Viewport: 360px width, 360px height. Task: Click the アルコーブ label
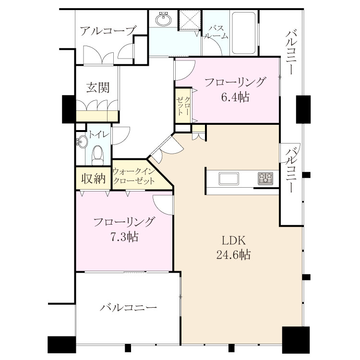pyautogui.click(x=108, y=31)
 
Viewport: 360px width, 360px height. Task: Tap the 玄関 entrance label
pyautogui.click(x=98, y=87)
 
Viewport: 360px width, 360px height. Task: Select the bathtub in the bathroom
pyautogui.click(x=243, y=33)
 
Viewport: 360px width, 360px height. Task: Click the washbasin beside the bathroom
pyautogui.click(x=163, y=19)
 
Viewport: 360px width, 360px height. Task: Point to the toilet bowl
pyautogui.click(x=97, y=155)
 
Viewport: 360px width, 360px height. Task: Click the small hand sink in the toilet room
pyautogui.click(x=82, y=142)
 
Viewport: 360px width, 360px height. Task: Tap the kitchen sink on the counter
pyautogui.click(x=228, y=179)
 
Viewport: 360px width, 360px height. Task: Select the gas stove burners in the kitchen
pyautogui.click(x=265, y=179)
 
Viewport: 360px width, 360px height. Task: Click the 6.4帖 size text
pyautogui.click(x=235, y=97)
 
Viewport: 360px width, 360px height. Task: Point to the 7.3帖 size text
pyautogui.click(x=124, y=237)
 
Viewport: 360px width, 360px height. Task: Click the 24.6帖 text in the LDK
pyautogui.click(x=233, y=254)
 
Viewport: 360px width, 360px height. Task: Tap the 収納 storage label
pyautogui.click(x=94, y=179)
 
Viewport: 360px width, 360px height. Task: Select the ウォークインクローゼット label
pyautogui.click(x=134, y=176)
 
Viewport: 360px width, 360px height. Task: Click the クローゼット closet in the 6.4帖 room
pyautogui.click(x=183, y=106)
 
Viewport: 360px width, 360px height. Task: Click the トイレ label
pyautogui.click(x=98, y=134)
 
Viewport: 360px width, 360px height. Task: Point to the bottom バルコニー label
pyautogui.click(x=128, y=307)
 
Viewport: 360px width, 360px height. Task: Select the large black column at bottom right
pyautogui.click(x=296, y=340)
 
